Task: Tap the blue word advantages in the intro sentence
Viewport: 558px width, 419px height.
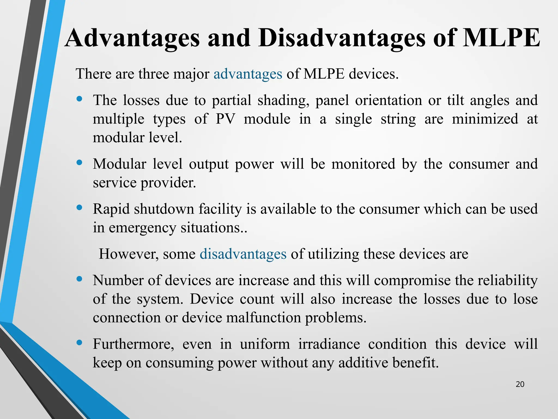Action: (x=248, y=74)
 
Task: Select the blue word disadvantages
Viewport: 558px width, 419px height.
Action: (x=243, y=254)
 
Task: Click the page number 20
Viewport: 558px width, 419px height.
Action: (x=520, y=384)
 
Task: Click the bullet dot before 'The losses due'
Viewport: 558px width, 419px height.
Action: (x=79, y=99)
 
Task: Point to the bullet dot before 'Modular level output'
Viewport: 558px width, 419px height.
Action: (x=79, y=163)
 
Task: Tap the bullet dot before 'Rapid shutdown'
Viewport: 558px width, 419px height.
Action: (x=79, y=208)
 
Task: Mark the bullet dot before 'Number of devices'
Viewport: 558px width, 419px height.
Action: (x=79, y=279)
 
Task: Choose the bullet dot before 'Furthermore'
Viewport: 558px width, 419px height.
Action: (x=79, y=343)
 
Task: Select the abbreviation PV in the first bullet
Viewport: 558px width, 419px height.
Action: (x=225, y=119)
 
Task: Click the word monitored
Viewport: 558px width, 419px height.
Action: (x=363, y=164)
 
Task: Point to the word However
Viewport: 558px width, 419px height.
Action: (x=129, y=254)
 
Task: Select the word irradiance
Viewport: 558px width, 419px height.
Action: (x=329, y=344)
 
